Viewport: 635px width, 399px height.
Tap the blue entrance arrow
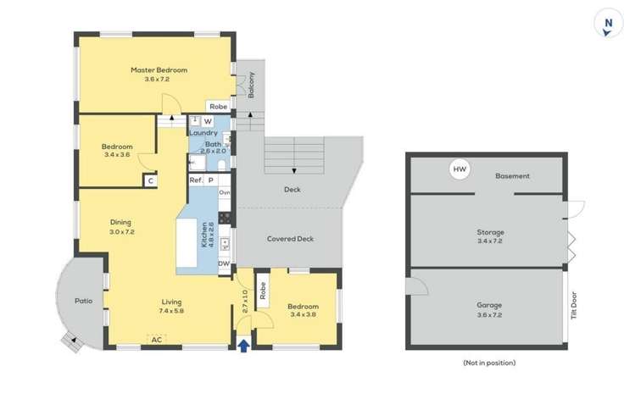(244, 345)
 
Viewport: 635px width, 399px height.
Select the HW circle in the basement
(460, 170)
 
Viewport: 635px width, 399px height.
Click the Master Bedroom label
(159, 69)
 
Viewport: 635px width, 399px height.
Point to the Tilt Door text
(574, 305)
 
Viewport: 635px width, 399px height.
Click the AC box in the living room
(157, 340)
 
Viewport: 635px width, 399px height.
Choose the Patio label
(83, 300)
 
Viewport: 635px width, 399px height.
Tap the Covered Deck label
(290, 239)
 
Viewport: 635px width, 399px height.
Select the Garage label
(490, 305)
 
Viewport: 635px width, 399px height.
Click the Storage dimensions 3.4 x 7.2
(490, 241)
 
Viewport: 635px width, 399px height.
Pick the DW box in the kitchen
(224, 264)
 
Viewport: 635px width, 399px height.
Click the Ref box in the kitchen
(195, 180)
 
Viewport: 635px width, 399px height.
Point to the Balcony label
(252, 85)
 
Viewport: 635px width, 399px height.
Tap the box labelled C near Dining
(150, 180)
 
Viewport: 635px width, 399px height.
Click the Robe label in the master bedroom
(218, 107)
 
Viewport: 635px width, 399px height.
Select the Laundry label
(203, 133)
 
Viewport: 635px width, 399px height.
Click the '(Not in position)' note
(489, 362)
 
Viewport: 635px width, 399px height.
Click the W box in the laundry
(208, 121)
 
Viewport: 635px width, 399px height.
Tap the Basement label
(513, 176)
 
